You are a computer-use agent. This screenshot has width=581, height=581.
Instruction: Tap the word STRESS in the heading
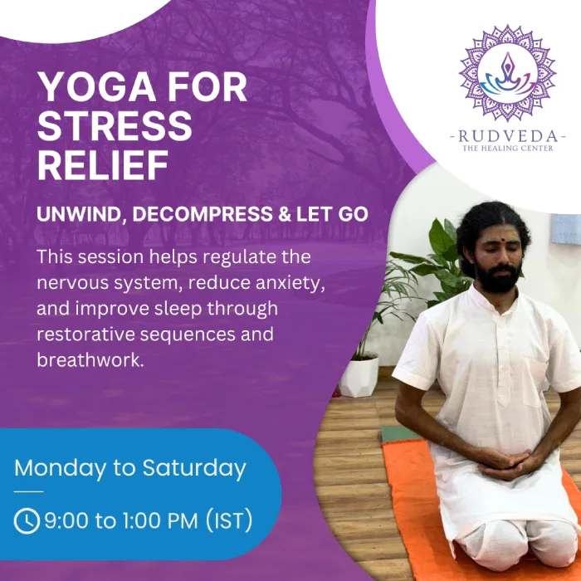point(115,126)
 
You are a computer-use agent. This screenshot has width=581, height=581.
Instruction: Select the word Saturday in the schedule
point(194,467)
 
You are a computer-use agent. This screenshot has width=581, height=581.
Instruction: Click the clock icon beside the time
point(27,521)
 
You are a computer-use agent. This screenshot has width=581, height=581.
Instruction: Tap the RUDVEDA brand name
point(507,135)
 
